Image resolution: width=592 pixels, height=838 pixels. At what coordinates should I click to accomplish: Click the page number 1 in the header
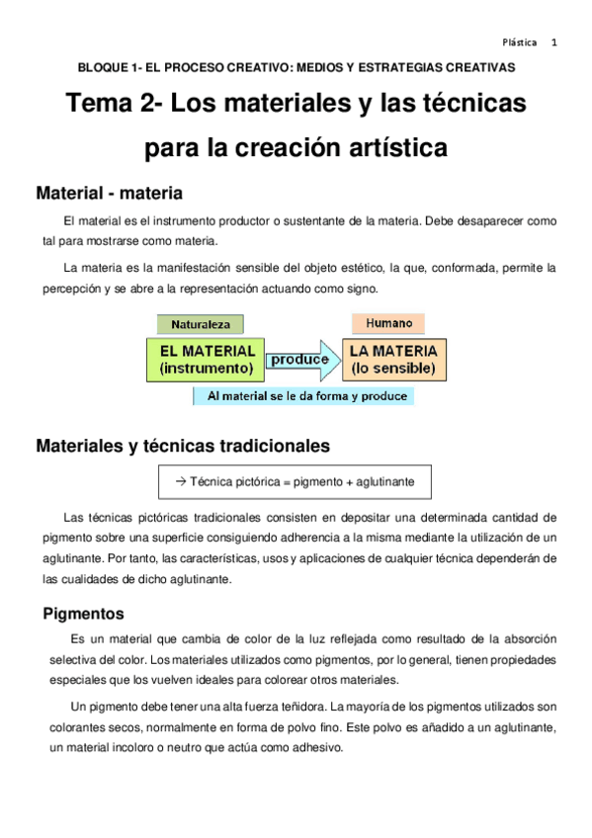(x=554, y=42)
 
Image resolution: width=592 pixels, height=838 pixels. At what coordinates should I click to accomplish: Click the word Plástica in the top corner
(x=520, y=42)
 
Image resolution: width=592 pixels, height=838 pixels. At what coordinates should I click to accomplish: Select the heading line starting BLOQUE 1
(x=296, y=68)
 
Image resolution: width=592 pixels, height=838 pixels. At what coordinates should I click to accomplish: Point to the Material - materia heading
(x=109, y=192)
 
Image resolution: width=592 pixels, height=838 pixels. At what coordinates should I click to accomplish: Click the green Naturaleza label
(x=200, y=323)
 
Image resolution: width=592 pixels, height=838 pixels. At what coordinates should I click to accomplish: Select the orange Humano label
(x=388, y=322)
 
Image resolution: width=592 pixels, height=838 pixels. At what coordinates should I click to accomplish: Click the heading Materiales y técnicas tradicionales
(x=183, y=446)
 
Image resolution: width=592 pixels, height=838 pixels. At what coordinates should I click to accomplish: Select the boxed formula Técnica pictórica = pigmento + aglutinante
(x=295, y=481)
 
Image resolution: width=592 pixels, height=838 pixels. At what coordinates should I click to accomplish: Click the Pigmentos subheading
(x=83, y=613)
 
